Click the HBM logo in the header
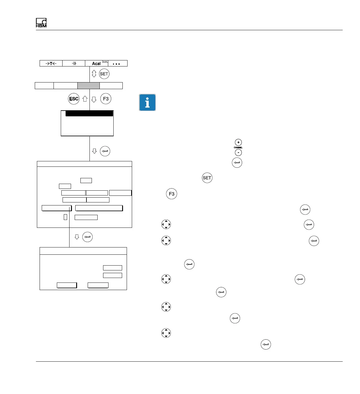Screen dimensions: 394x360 pos(41,23)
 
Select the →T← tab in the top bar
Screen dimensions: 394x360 pos(51,63)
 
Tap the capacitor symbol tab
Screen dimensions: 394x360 pos(74,63)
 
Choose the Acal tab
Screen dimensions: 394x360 pos(96,63)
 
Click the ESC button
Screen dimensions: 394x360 pos(74,99)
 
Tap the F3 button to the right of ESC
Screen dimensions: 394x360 pos(106,99)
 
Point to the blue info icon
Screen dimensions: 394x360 pos(147,102)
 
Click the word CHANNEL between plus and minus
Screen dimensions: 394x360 pos(238,147)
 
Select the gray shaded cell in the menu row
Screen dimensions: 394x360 pos(89,86)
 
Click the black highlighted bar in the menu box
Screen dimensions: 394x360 pos(89,114)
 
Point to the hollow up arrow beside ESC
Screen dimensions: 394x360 pos(85,99)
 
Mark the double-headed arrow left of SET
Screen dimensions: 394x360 pos(94,74)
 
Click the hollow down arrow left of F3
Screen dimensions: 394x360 pos(94,99)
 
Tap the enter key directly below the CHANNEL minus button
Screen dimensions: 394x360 pos(237,163)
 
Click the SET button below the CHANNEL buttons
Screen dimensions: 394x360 pos(207,178)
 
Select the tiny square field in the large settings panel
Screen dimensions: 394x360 pos(65,217)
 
